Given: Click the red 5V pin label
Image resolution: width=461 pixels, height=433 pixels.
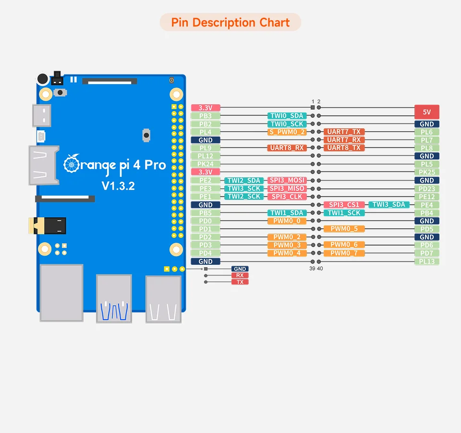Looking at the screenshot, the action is (426, 112).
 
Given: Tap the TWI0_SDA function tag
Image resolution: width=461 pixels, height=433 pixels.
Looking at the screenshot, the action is (287, 116).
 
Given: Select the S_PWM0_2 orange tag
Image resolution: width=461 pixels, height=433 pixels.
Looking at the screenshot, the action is (287, 132).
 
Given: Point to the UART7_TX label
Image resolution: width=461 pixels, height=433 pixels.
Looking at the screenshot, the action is (344, 132).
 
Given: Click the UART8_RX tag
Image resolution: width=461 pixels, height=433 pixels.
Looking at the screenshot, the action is (287, 148).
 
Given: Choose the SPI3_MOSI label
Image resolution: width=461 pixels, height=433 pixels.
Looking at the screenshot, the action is (287, 180).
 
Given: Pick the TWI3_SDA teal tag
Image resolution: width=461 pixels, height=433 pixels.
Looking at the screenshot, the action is (388, 204).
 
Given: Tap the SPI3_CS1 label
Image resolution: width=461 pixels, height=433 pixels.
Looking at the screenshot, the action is (344, 205).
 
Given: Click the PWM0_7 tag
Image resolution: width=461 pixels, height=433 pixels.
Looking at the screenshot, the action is (344, 253).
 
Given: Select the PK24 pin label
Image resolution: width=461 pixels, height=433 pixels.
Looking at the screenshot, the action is (206, 164).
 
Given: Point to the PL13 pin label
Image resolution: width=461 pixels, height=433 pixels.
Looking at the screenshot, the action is (426, 261).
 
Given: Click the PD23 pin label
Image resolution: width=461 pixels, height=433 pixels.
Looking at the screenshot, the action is (426, 188).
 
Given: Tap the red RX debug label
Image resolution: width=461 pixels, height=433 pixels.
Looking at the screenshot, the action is (240, 275).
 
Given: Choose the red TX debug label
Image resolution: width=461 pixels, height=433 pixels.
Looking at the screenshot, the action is (240, 282).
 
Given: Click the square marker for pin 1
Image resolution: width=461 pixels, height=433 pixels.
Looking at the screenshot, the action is (313, 107).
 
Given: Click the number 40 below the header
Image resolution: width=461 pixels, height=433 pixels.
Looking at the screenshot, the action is (320, 269).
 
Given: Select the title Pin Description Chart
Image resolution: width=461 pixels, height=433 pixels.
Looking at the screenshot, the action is (230, 23).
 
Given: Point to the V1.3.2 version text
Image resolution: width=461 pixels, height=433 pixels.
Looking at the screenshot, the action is (118, 186).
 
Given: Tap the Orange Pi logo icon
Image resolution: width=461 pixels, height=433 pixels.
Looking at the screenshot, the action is (72, 163).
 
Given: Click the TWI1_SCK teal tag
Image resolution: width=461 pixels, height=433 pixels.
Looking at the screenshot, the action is (344, 213).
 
